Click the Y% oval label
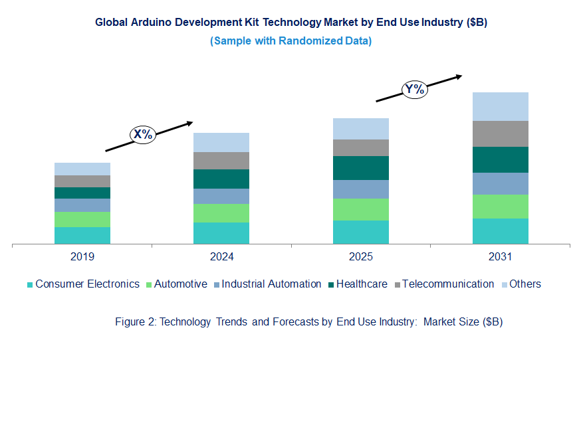[414, 89]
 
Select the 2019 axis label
[82, 256]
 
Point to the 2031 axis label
[500, 256]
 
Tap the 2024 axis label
[221, 256]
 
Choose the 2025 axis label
[360, 256]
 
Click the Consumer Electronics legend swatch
[30, 285]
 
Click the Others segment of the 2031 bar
[500, 106]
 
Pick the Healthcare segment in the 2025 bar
[360, 168]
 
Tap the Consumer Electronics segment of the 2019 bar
[82, 236]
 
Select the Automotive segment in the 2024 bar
[221, 213]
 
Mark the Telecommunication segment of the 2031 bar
[500, 134]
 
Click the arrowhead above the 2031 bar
[458, 76]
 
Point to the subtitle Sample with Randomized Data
[291, 41]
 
